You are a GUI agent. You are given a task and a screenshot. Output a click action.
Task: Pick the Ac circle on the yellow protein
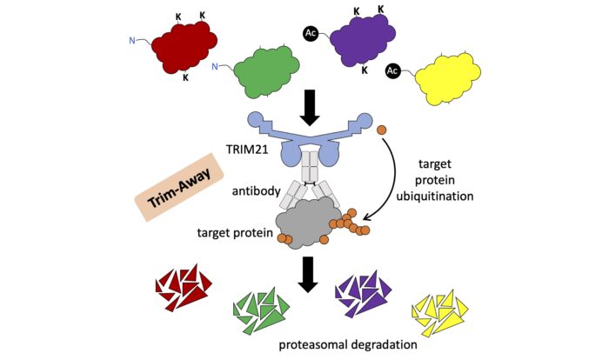[392, 70]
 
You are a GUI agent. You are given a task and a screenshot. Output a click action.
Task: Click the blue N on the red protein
[132, 38]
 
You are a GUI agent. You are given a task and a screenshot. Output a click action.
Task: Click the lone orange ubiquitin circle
[380, 130]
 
